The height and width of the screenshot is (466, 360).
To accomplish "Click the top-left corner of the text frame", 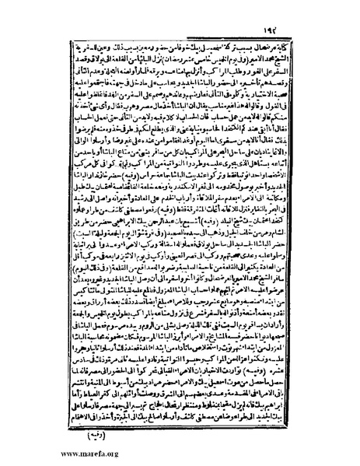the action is tap(61, 27).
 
